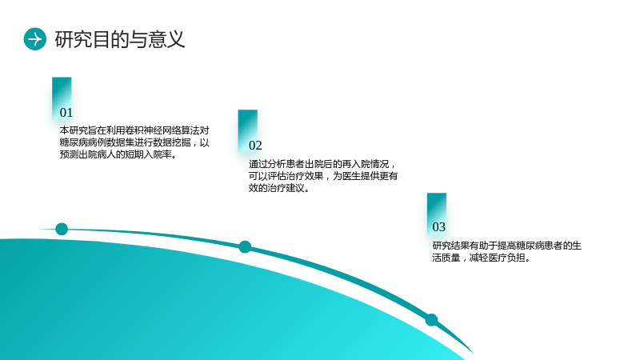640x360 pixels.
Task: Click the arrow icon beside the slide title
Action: (35, 39)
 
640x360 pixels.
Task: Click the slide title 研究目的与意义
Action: (120, 39)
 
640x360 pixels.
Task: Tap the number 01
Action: (66, 112)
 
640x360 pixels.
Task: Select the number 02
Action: (255, 146)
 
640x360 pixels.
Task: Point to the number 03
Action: (438, 227)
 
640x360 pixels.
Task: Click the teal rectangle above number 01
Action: (62, 98)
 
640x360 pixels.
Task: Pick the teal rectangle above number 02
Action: (248, 130)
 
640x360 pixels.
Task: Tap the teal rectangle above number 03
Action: (437, 214)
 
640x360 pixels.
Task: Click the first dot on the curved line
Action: (62, 229)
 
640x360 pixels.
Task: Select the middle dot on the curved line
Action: (245, 247)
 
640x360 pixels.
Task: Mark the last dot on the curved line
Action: (431, 319)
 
